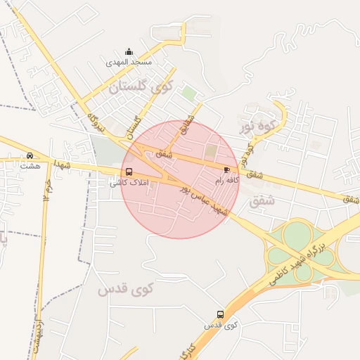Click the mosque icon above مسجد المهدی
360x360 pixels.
click(x=129, y=51)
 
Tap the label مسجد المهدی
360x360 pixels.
click(x=129, y=62)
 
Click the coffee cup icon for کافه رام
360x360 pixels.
click(x=226, y=170)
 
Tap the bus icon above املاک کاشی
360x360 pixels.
click(x=128, y=172)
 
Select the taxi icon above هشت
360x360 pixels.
click(x=30, y=155)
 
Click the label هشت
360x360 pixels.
click(x=30, y=166)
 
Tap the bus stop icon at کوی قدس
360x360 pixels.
click(x=221, y=314)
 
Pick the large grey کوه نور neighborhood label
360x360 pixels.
click(x=255, y=127)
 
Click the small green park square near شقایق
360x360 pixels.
click(x=189, y=92)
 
